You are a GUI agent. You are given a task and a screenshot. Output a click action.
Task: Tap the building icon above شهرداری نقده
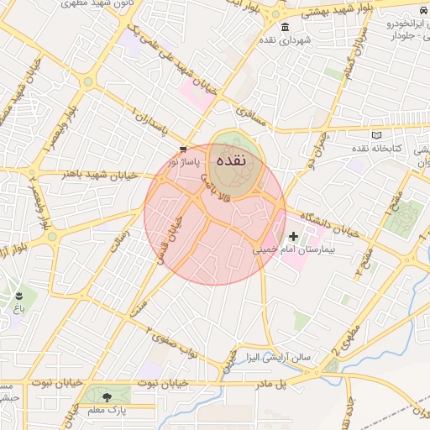point(286,27)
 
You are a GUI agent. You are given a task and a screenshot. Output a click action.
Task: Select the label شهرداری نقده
point(286,40)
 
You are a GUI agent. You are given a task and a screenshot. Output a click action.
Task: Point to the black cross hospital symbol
point(292,238)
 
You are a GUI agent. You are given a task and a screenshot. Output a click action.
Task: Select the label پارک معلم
point(106,410)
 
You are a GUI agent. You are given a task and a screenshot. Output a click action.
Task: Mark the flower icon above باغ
point(18,296)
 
